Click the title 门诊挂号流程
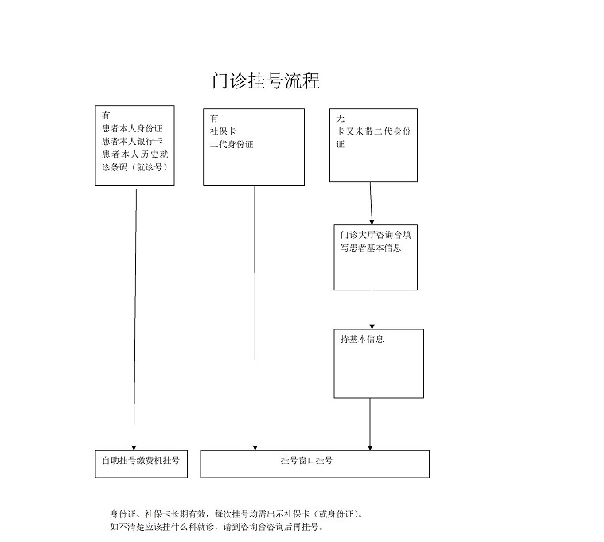pos(266,81)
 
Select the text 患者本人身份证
pos(132,128)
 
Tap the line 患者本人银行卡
pos(132,141)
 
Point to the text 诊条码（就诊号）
pos(135,167)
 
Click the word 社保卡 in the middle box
pos(223,131)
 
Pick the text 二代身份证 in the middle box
pos(232,145)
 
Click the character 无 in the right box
pos(341,119)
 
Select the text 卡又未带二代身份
pos(374,131)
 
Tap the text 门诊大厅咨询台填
pos(376,235)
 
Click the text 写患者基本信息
pos(371,248)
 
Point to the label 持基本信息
pos(362,339)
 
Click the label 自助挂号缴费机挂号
pos(141,460)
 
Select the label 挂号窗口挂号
pos(306,460)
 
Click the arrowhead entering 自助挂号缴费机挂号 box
pos(134,447)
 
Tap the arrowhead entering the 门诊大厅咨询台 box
pos(372,222)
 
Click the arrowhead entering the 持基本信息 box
pos(372,326)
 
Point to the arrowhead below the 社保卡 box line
pos(255,447)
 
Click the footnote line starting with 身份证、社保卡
pos(236,514)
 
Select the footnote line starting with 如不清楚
pos(216,527)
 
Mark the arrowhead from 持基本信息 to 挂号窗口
pos(370,447)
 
